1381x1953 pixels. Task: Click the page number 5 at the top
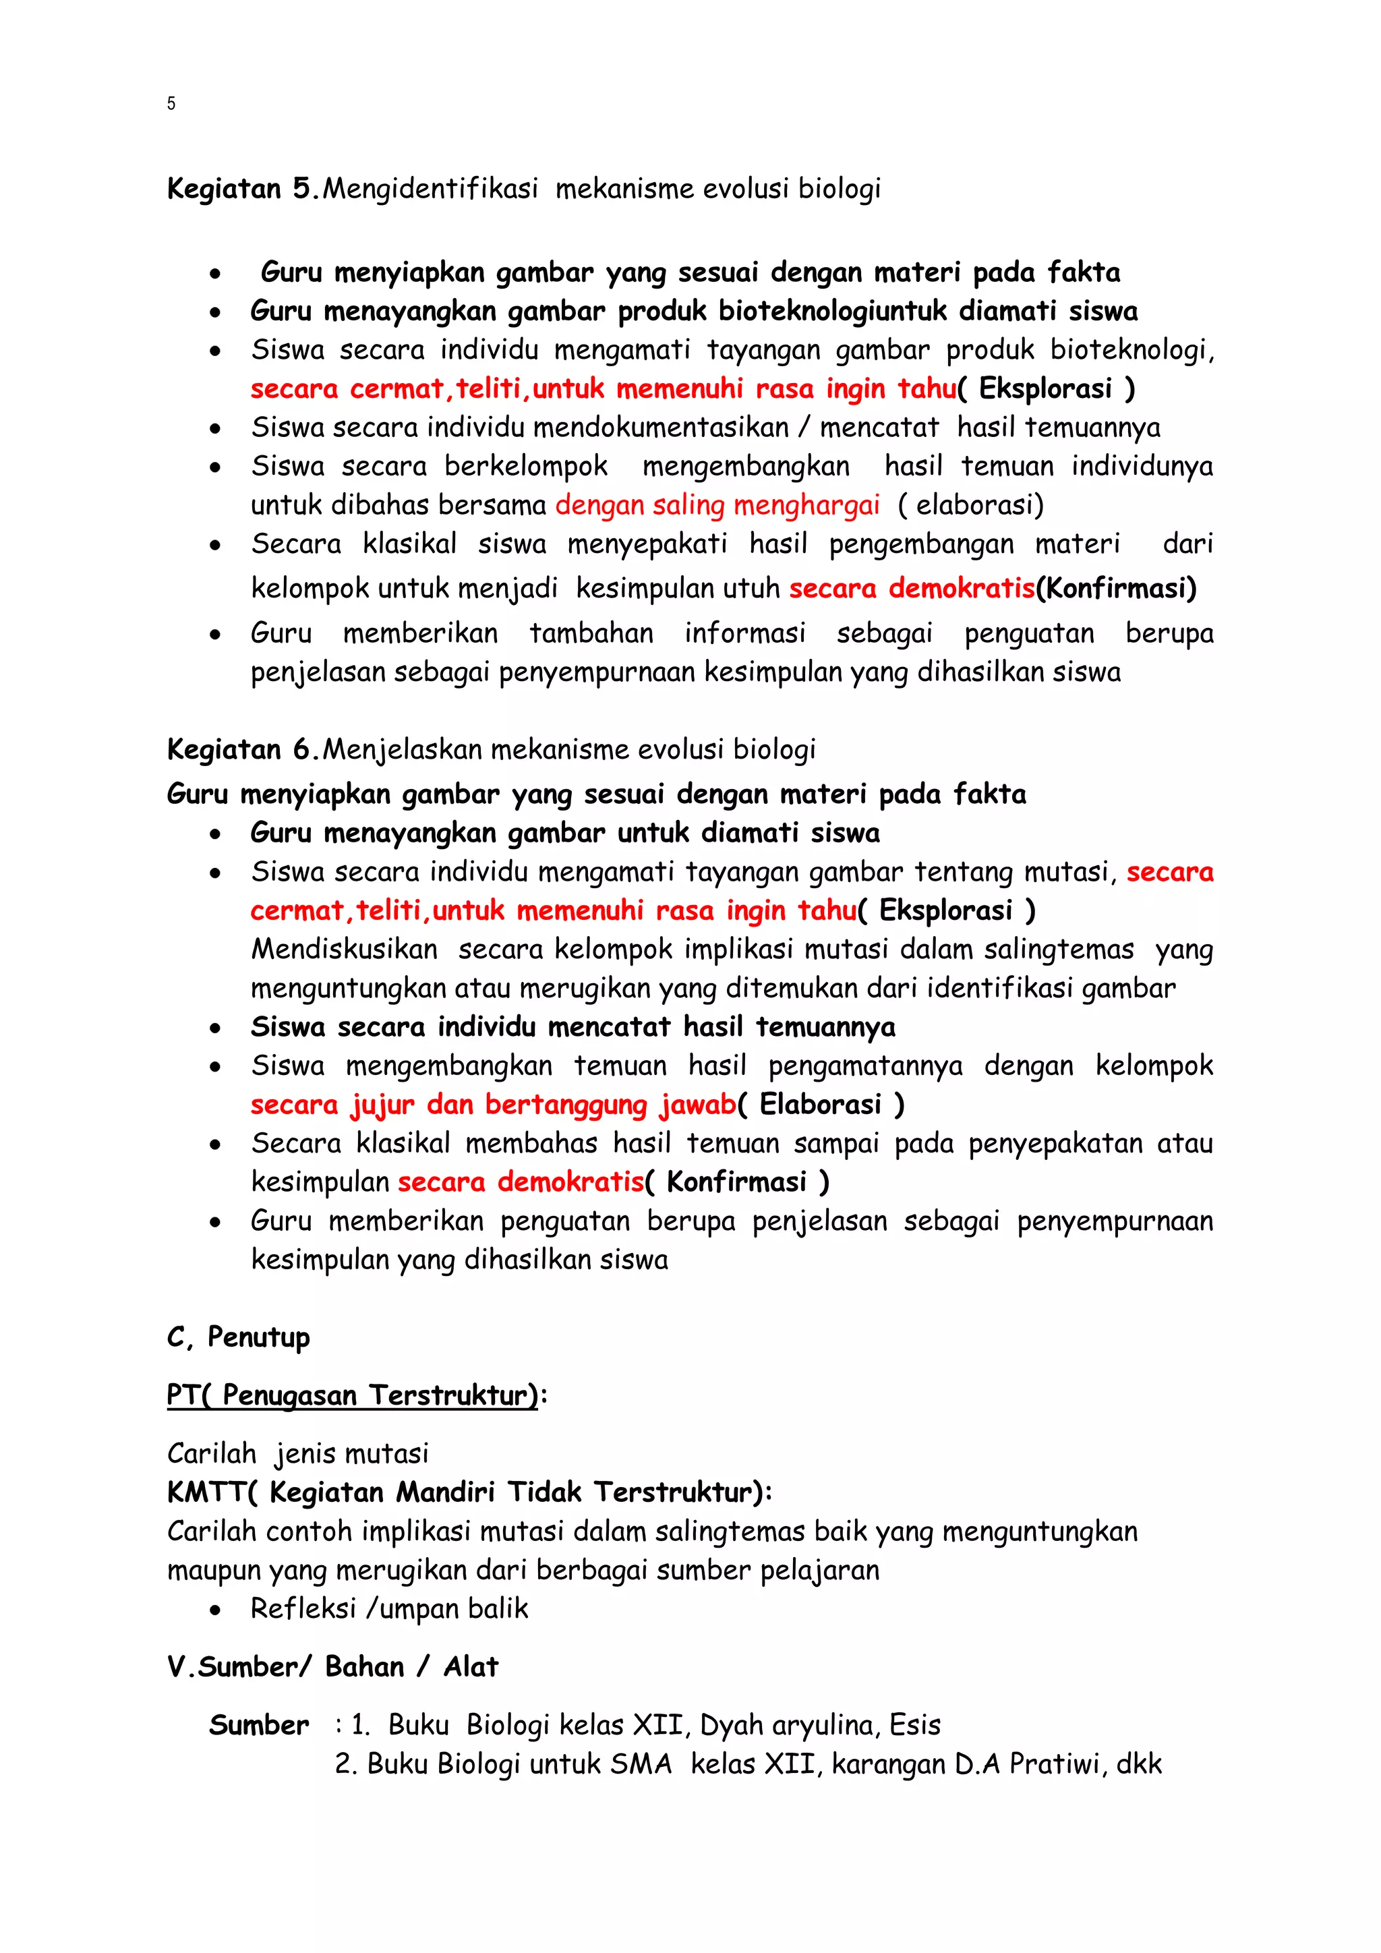[171, 104]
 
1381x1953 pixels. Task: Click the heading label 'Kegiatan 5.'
[243, 189]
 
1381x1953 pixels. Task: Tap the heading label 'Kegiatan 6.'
[243, 749]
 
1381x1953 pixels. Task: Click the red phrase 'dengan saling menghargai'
[717, 505]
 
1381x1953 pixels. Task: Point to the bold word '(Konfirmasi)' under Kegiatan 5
[1116, 588]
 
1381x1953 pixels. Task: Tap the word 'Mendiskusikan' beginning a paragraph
[345, 950]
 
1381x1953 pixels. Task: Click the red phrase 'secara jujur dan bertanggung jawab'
[493, 1104]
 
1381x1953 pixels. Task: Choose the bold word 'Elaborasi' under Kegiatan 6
[820, 1104]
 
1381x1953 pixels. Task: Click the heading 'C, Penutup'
[238, 1337]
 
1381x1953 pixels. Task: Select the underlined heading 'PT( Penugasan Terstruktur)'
[352, 1396]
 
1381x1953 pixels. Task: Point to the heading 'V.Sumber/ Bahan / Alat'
[332, 1666]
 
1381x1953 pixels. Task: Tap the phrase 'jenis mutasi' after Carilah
[351, 1454]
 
